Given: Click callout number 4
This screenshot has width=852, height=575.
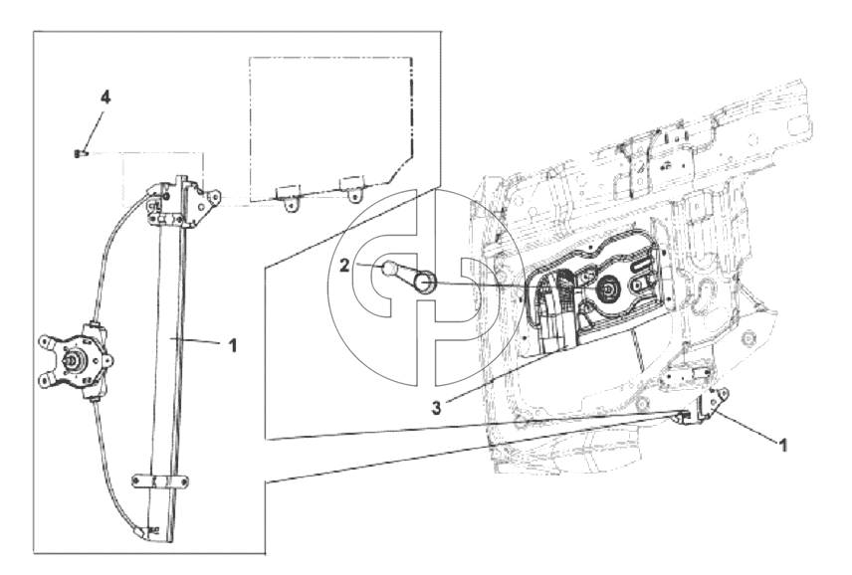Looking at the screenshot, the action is (x=106, y=97).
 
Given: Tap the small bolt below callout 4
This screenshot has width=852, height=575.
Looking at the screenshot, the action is (x=79, y=154).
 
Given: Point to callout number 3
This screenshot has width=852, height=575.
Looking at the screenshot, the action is (x=436, y=407).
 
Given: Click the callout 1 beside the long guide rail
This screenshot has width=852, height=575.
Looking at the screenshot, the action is (x=233, y=345).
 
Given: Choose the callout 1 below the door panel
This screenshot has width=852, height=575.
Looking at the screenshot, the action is (x=783, y=446).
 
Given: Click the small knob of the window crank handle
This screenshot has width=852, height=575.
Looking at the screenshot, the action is (x=389, y=269).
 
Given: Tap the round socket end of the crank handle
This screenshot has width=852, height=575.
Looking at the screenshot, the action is (x=425, y=283).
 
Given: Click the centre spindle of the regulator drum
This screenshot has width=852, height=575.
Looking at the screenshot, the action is (x=71, y=359).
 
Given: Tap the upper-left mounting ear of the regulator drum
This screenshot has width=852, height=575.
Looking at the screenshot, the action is (x=46, y=342).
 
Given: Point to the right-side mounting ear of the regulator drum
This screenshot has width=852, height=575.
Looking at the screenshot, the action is (x=106, y=360).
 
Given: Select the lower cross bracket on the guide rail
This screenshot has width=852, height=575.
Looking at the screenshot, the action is (x=160, y=481).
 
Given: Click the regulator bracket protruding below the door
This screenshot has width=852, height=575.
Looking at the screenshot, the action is (x=707, y=406).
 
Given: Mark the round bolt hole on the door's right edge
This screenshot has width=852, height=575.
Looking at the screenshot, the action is (x=750, y=337).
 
